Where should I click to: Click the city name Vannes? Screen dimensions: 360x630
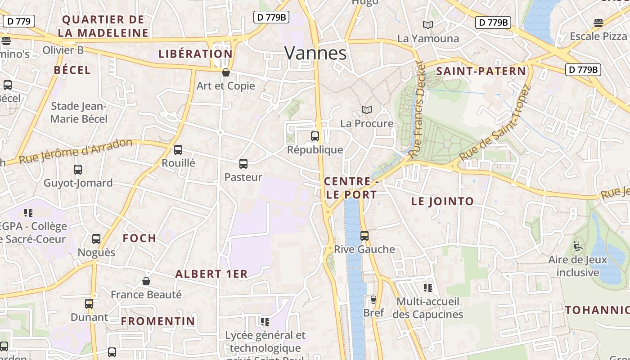pos(315,53)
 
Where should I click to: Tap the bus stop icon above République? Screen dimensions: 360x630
pos(315,136)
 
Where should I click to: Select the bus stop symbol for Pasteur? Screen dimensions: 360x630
pos(243,164)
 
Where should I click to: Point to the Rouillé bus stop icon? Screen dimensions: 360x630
pos(178,150)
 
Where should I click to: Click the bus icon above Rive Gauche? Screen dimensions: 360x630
pos(364,235)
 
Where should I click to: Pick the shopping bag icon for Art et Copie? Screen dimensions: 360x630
pos(226,72)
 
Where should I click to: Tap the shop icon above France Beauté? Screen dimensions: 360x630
pos(146,281)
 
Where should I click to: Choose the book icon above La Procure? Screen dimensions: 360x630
pos(367,110)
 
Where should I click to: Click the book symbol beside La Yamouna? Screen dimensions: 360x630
pos(428,25)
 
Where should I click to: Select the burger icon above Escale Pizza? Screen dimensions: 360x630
pos(598,22)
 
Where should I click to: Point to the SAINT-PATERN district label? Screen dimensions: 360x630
pos(481,71)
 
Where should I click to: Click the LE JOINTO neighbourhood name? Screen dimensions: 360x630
pos(442,201)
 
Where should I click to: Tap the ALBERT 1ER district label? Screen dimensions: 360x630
pos(211,274)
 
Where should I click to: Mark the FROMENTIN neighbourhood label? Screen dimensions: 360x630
pos(158,321)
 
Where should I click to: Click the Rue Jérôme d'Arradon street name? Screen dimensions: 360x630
pos(76,152)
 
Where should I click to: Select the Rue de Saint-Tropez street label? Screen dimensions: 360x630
pos(495,122)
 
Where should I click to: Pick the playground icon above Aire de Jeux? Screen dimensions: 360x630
pos(578,246)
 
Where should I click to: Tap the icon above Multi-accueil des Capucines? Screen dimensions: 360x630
pos(427,288)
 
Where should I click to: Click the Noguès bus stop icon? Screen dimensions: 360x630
pos(96,239)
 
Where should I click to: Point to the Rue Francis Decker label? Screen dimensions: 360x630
pos(417,109)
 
